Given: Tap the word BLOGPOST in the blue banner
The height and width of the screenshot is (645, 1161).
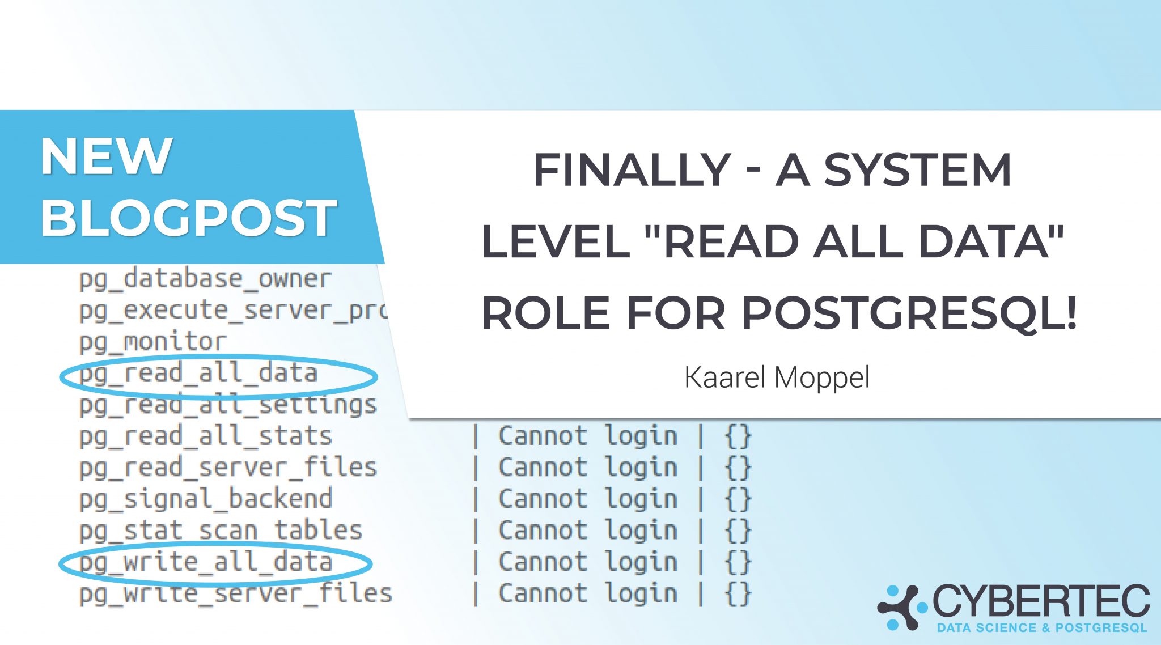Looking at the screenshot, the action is (x=189, y=218).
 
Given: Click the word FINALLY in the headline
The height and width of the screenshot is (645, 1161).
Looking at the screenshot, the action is (x=632, y=169).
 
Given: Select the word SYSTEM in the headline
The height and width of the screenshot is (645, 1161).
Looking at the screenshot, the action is (x=918, y=169).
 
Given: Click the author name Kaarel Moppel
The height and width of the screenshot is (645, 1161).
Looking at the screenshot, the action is (x=777, y=377).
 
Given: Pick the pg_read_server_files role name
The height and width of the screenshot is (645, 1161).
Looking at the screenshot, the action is (x=228, y=469).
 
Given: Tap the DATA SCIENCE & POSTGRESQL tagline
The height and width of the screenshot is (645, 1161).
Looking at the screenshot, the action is (x=1042, y=628).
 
